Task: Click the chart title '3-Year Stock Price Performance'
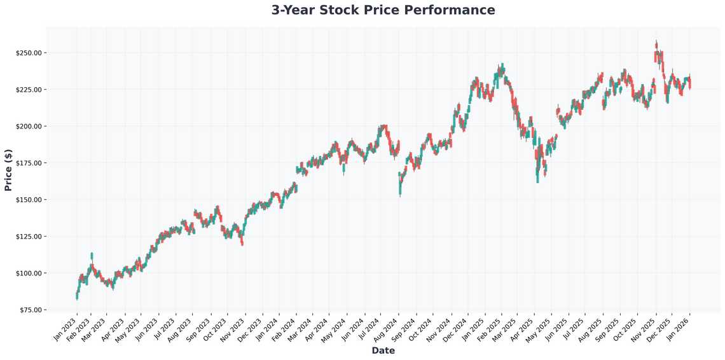coord(383,10)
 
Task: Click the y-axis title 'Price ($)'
coord(8,170)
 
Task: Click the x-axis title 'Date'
coord(383,350)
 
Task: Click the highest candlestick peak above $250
coord(656,43)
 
